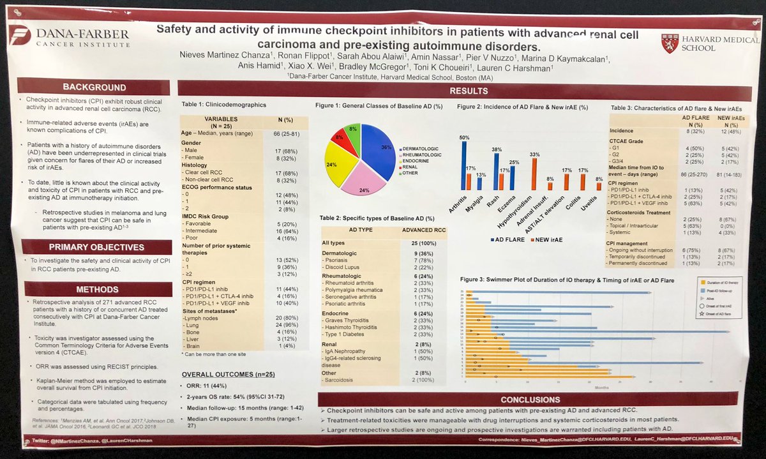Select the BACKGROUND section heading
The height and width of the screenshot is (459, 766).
(94, 87)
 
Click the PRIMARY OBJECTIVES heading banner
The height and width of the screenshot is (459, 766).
(94, 248)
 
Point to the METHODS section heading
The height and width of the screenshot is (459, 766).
(94, 288)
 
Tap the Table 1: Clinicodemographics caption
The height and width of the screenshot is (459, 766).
(221, 103)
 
